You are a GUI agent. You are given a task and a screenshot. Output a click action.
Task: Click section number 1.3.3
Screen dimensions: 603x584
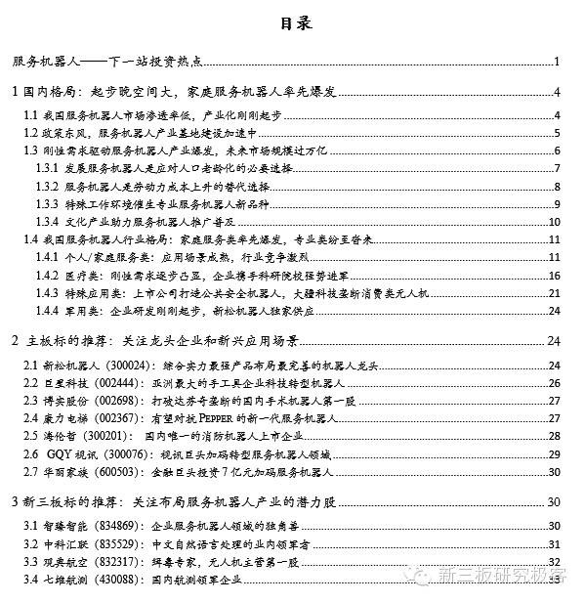click(x=49, y=203)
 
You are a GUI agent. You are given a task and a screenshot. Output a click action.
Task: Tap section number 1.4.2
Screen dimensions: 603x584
click(x=49, y=276)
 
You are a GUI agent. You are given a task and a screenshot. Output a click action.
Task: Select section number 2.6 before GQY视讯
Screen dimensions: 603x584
click(x=31, y=454)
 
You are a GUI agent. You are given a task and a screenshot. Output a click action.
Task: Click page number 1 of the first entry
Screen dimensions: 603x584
click(x=556, y=63)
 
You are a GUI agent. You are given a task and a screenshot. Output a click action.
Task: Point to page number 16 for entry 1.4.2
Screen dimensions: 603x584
click(x=553, y=276)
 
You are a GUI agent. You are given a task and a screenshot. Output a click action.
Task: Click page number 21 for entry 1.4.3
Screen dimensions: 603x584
click(x=553, y=293)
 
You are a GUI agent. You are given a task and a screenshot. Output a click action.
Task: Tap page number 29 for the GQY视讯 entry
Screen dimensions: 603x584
click(x=553, y=454)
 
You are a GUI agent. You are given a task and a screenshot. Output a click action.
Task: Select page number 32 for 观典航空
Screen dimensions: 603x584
click(x=553, y=562)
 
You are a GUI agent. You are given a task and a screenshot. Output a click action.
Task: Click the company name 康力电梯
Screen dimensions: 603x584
click(x=60, y=419)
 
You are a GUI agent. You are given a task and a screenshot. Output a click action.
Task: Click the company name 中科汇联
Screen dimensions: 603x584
click(x=60, y=544)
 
